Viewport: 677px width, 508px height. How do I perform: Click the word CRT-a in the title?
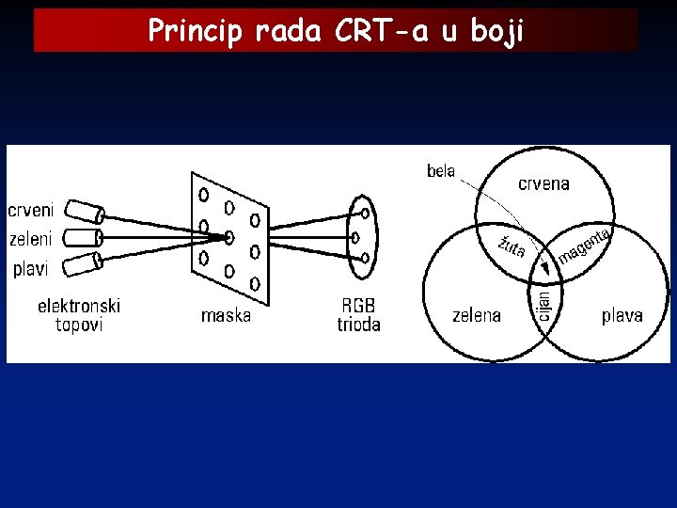pos(382,31)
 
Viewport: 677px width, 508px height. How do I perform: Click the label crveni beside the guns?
pos(31,209)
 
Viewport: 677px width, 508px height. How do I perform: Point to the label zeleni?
pos(31,239)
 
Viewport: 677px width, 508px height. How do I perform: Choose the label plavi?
pos(30,268)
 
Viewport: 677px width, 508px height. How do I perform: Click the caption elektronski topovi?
pos(79,315)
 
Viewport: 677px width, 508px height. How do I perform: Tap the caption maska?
pos(227,315)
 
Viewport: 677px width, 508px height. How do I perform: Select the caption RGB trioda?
pos(358,315)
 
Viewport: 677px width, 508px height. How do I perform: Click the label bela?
pos(441,171)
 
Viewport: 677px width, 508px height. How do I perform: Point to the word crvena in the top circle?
pos(543,184)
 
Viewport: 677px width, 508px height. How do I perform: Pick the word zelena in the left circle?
pos(476,315)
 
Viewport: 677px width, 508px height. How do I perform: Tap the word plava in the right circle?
pos(622,315)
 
